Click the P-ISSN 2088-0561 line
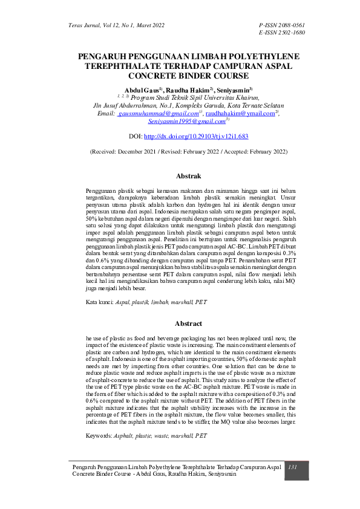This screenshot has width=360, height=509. [x=281, y=25]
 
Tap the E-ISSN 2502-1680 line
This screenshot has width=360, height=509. [x=281, y=32]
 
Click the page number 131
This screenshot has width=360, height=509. [x=293, y=468]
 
